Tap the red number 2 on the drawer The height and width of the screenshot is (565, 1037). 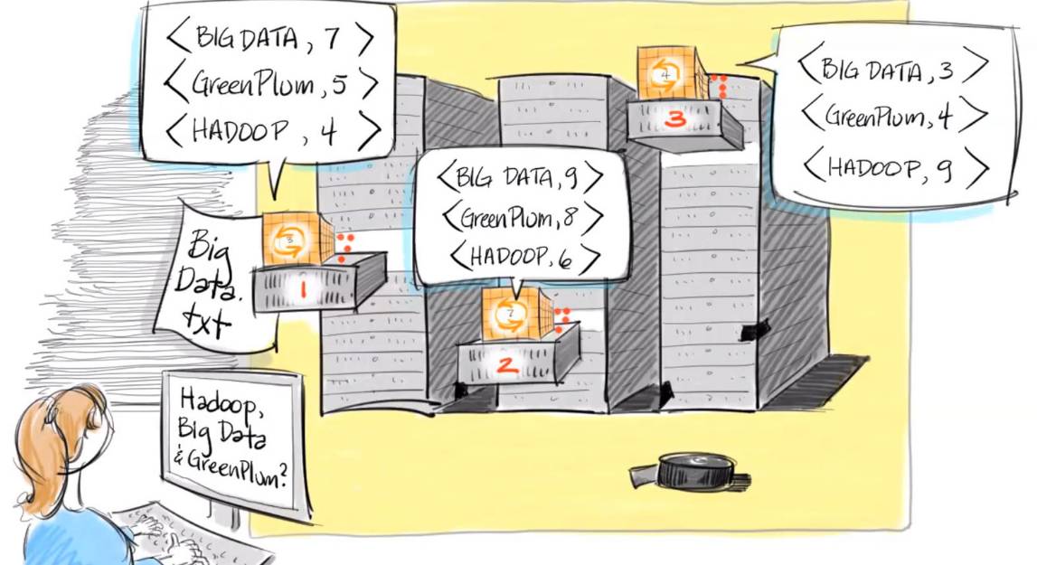pos(507,366)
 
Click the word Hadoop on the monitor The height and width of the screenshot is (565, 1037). pos(217,400)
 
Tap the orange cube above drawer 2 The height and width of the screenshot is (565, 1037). pos(511,315)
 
